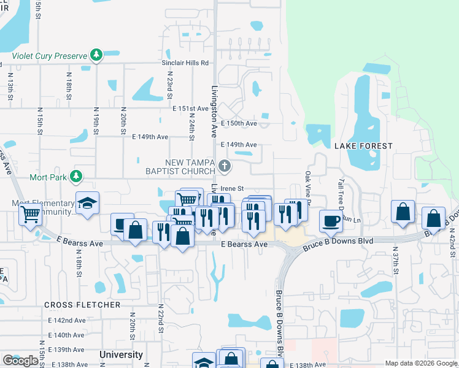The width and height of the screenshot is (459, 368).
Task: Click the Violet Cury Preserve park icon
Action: click(x=96, y=56)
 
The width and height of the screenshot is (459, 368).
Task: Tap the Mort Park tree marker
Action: click(x=76, y=177)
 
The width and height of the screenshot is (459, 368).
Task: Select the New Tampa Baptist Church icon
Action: click(x=225, y=165)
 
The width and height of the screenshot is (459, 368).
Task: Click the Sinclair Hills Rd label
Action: click(x=185, y=63)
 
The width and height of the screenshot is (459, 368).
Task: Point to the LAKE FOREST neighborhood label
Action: click(x=363, y=146)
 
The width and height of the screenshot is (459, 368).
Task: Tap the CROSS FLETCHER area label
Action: click(x=82, y=305)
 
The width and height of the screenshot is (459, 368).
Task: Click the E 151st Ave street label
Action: click(x=191, y=108)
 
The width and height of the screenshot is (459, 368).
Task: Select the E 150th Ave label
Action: click(x=239, y=123)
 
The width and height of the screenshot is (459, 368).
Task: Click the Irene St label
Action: click(x=233, y=188)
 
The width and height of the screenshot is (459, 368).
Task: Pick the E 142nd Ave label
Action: click(x=67, y=320)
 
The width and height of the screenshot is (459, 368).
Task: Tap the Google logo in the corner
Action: click(x=20, y=361)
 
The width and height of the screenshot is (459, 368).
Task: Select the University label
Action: click(x=121, y=355)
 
